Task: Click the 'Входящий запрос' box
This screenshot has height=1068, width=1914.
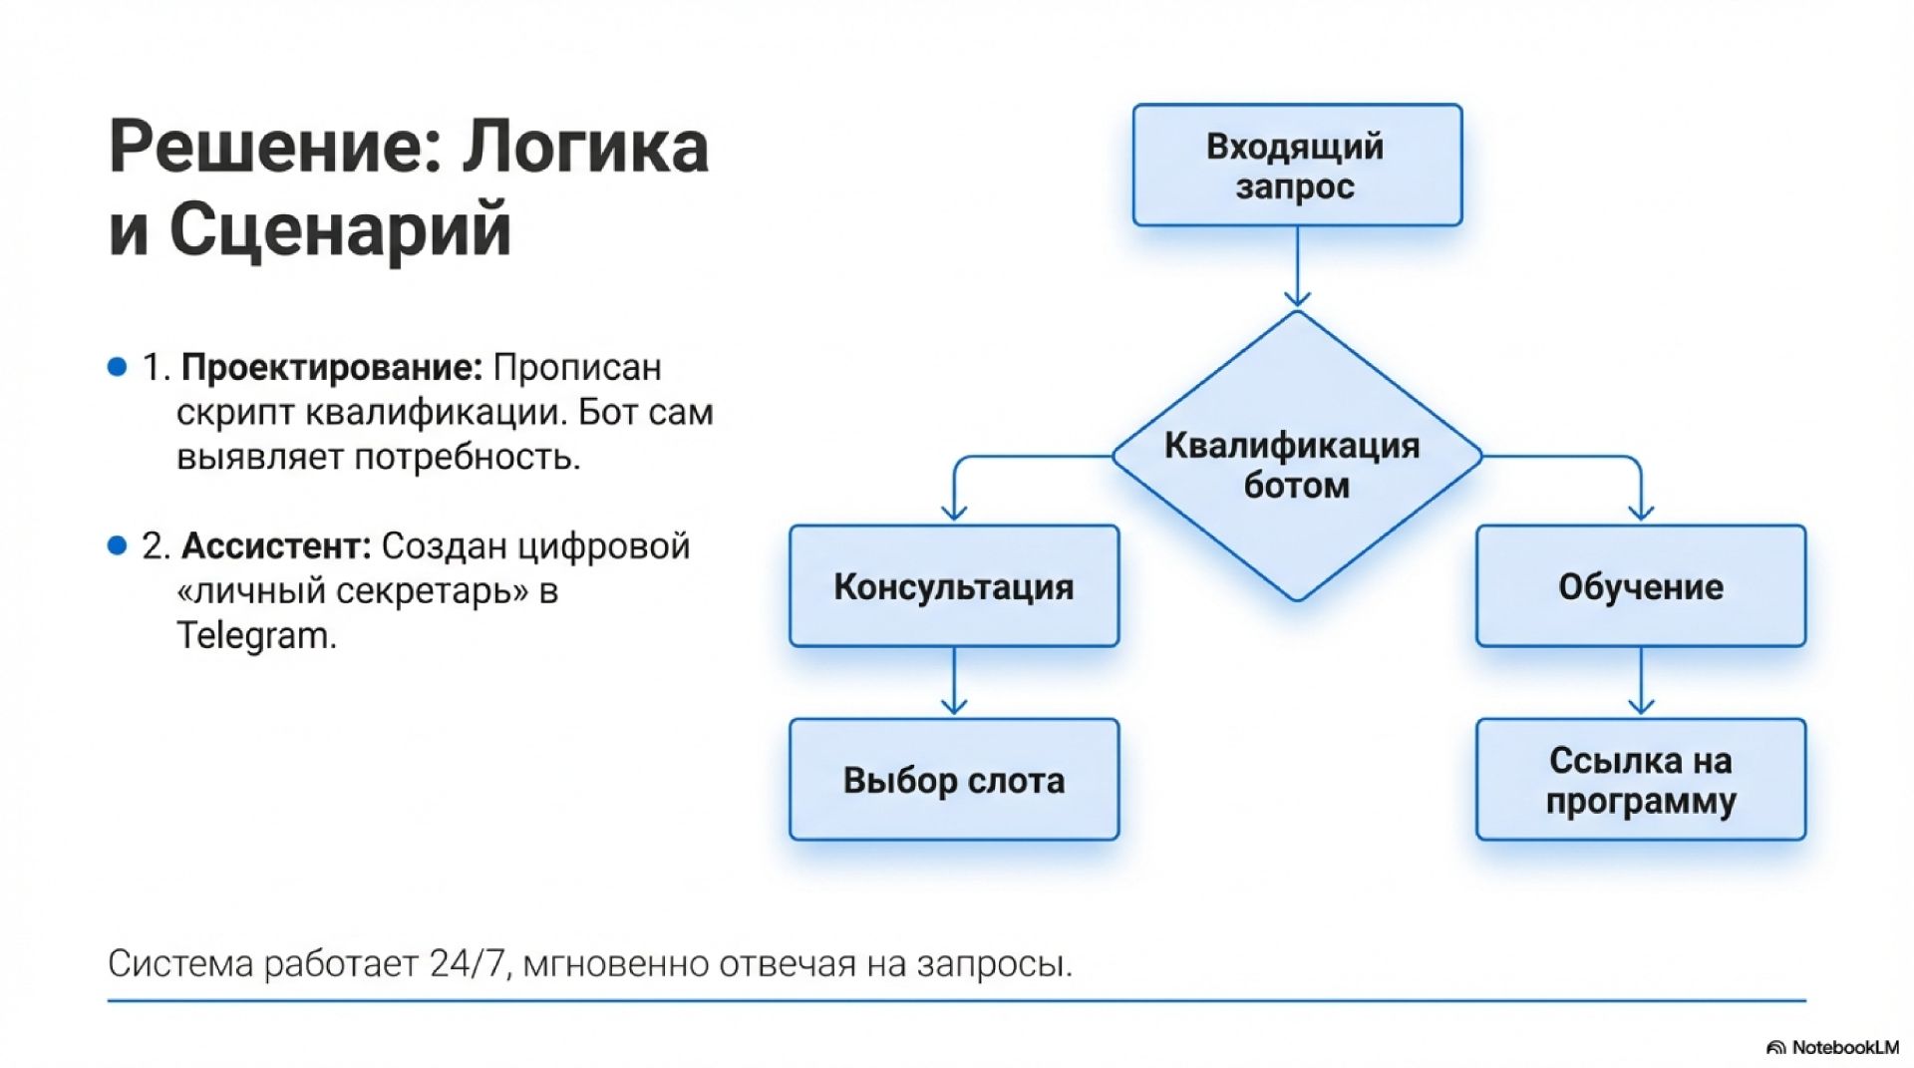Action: click(1296, 166)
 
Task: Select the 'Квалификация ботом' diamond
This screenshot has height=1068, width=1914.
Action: click(1296, 465)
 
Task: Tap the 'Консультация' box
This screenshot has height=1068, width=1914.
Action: click(953, 586)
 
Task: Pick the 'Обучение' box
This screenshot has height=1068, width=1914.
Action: click(1640, 586)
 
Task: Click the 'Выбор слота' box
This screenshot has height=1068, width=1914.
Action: click(953, 780)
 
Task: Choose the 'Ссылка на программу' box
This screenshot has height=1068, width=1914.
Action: click(1640, 780)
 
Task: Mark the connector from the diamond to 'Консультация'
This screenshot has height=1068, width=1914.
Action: click(1007, 458)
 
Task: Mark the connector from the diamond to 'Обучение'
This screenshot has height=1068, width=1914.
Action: click(1585, 458)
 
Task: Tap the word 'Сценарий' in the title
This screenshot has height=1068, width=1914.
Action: click(339, 230)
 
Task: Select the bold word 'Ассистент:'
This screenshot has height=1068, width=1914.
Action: click(276, 546)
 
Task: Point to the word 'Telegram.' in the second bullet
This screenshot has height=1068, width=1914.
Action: click(256, 635)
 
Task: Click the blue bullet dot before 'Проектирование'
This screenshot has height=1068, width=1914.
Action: click(118, 367)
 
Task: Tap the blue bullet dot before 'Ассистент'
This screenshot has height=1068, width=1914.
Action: click(118, 545)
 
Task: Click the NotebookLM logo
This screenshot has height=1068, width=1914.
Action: click(1832, 1047)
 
